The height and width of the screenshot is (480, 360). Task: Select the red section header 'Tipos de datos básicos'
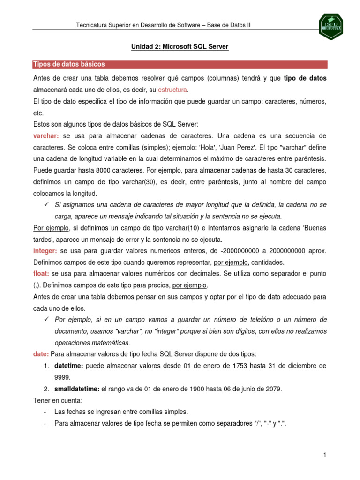[x=69, y=64]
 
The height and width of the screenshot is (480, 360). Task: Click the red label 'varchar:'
[x=46, y=135]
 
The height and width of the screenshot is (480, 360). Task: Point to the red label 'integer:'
[x=45, y=251]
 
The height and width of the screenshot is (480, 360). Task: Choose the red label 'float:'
[x=41, y=273]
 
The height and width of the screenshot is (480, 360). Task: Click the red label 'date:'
[x=41, y=354]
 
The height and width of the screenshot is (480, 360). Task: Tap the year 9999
[x=62, y=377]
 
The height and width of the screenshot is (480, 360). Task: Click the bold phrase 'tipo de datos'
[x=305, y=78]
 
